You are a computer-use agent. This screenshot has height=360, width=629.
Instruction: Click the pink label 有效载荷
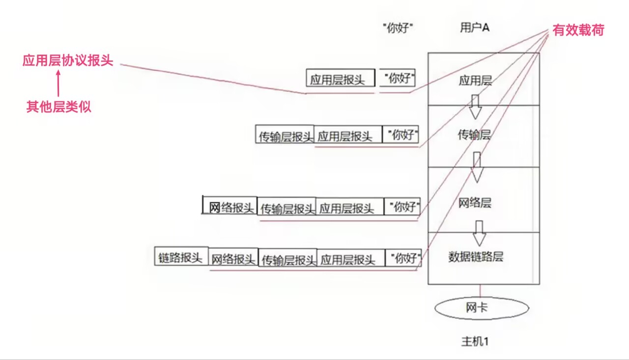tap(578, 30)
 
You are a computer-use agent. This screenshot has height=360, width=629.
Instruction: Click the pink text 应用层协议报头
tap(68, 61)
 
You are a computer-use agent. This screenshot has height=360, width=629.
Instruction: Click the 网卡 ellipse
tap(482, 308)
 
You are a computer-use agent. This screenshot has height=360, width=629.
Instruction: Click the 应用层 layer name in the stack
tap(475, 81)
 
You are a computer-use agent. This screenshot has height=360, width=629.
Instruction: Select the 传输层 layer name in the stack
tap(475, 135)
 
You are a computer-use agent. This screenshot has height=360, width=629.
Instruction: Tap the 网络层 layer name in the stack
tap(475, 202)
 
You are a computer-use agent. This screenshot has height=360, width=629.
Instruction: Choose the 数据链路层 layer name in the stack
tap(476, 256)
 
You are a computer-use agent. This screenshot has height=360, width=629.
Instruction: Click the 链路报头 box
tap(181, 257)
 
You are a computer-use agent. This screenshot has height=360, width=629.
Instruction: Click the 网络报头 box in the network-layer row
tap(230, 207)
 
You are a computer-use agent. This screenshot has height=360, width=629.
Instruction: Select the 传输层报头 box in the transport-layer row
tap(285, 136)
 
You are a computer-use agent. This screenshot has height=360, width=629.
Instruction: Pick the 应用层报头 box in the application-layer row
tap(341, 80)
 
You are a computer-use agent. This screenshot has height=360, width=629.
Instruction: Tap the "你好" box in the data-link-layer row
tap(404, 258)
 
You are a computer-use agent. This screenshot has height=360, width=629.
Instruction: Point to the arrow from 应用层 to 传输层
tap(474, 107)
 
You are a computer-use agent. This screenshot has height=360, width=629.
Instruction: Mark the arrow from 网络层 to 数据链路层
tap(479, 233)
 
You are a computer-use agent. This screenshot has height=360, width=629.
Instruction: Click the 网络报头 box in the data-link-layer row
tap(233, 258)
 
